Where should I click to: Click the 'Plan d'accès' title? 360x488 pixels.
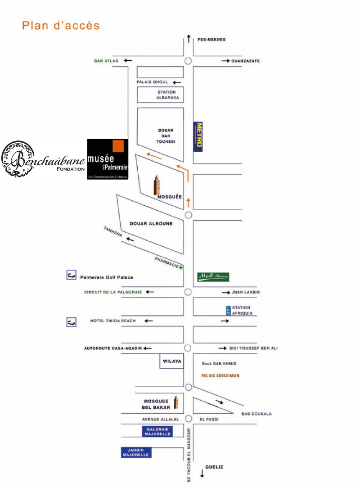[x=61, y=25]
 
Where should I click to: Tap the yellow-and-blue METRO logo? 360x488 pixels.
[x=198, y=136]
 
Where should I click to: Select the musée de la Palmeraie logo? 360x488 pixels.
[x=108, y=159]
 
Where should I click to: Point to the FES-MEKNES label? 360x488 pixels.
[x=211, y=40]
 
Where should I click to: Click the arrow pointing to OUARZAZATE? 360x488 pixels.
[x=225, y=61]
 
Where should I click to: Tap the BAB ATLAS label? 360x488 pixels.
[x=106, y=61]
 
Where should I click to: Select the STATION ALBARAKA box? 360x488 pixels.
[x=160, y=95]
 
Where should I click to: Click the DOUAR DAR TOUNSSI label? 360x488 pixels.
[x=166, y=136]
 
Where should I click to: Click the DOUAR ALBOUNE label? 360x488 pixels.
[x=151, y=223]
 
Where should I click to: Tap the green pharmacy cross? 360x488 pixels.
[x=181, y=267]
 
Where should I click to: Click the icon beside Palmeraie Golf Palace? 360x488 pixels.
[x=71, y=275]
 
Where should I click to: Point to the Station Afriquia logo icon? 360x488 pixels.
[x=228, y=310]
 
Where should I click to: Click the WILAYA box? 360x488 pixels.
[x=172, y=361]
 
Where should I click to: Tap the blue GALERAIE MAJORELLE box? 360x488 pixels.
[x=157, y=432]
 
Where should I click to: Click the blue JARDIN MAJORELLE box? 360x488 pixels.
[x=135, y=452]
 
